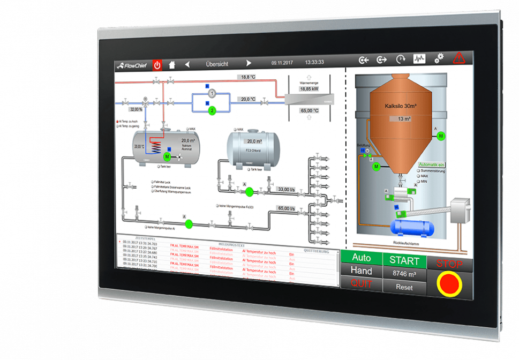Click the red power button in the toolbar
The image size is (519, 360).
tap(157, 65)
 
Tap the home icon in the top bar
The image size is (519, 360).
tap(172, 64)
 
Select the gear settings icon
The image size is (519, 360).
tap(439, 58)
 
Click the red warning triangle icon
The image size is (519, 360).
tap(458, 58)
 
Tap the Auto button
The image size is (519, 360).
tap(361, 258)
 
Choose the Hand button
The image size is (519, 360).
tap(361, 271)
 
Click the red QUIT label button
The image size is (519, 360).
tap(361, 284)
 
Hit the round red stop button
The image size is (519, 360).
tap(449, 283)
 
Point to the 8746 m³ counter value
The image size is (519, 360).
tap(405, 274)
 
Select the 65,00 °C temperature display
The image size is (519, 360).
tap(309, 110)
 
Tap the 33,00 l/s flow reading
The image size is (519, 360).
tap(285, 189)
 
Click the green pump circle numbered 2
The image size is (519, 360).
tap(212, 110)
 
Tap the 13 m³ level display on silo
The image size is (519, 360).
tap(404, 119)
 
